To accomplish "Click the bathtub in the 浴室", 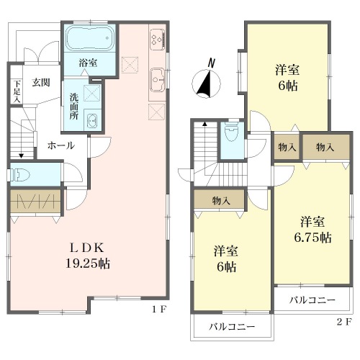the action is tap(89, 38).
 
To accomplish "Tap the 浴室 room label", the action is tap(88, 63).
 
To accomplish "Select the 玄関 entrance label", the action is tap(41, 83).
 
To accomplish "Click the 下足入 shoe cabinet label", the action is tap(17, 91).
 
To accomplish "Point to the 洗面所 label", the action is tap(73, 107).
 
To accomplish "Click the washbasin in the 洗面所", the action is tap(92, 120).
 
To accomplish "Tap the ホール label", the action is tap(61, 145).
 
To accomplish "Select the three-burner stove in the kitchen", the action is tap(157, 39).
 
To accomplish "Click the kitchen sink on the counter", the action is tap(157, 80).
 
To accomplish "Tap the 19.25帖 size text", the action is tap(88, 264).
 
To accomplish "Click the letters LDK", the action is tap(87, 248).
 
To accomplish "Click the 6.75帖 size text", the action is tap(312, 238).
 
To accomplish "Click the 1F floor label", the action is tap(159, 310).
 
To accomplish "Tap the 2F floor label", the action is tap(344, 321).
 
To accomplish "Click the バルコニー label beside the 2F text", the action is tap(312, 300).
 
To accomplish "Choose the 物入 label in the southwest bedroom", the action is tap(221, 200).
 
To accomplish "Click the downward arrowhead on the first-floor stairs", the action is tap(22, 156).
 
